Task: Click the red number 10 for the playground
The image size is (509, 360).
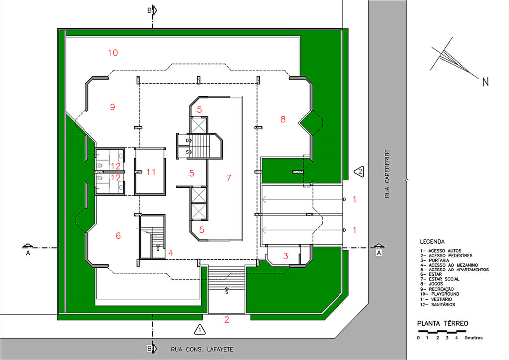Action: [113, 53]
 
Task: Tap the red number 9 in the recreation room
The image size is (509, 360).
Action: [113, 107]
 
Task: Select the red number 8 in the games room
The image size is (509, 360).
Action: [283, 119]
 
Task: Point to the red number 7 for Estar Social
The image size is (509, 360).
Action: [229, 178]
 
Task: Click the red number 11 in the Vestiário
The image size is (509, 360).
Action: [151, 172]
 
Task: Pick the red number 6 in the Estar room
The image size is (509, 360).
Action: [118, 236]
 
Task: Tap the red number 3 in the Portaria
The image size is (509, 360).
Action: [286, 256]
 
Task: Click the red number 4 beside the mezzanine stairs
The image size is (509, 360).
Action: [170, 253]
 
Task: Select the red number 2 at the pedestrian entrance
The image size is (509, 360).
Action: [227, 320]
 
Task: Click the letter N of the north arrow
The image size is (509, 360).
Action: [485, 82]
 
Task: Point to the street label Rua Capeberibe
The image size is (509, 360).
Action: [387, 174]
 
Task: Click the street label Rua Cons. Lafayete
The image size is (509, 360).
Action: [202, 349]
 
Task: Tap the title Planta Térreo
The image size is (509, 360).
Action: [442, 323]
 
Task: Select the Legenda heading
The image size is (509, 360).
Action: [432, 242]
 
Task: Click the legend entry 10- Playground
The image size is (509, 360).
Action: [439, 294]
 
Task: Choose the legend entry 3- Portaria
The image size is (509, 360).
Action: [434, 260]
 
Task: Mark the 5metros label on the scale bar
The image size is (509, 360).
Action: [474, 338]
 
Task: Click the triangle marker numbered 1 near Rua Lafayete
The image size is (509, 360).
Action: [200, 330]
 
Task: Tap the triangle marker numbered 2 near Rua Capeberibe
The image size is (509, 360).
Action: [359, 172]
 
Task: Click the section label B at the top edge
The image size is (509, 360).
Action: [149, 10]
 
